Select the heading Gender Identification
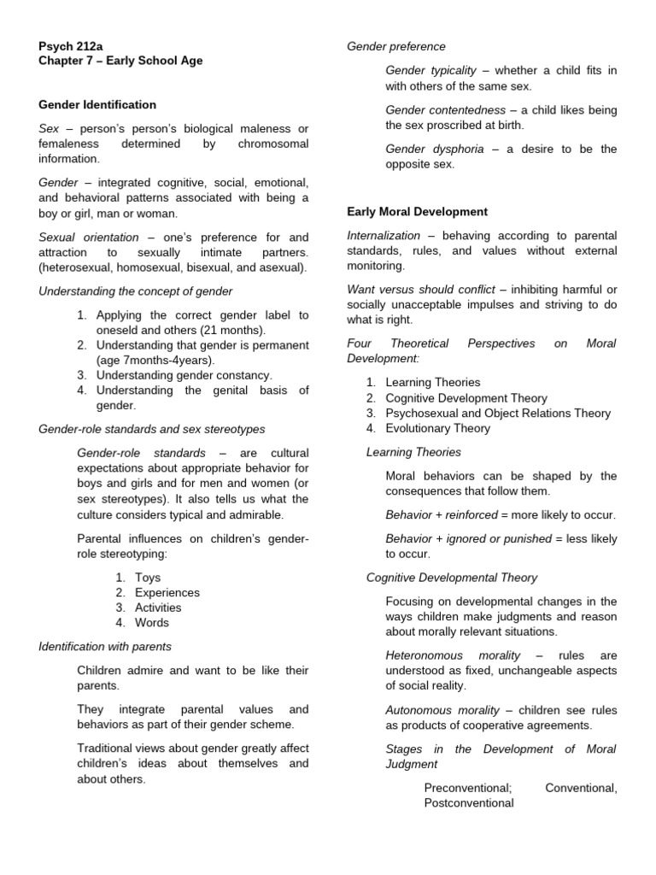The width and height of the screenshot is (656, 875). tap(97, 104)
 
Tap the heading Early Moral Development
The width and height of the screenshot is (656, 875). tap(417, 211)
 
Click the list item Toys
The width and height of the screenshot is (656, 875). tap(148, 577)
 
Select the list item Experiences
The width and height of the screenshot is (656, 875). tap(167, 592)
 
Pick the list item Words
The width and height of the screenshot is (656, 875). tap(152, 623)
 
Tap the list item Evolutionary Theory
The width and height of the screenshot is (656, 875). tap(437, 428)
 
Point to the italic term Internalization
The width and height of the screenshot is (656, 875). tap(384, 235)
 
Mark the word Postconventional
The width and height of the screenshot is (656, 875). tap(468, 802)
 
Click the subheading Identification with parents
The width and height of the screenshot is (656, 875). tap(105, 646)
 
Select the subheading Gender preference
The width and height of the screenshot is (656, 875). tap(395, 46)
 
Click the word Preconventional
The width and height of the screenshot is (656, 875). tap(467, 787)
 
